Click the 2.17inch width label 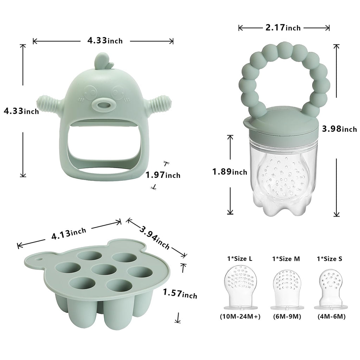(283, 27)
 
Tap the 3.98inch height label (339, 129)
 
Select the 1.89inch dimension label (229, 172)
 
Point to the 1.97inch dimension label (163, 175)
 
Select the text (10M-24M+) (240, 316)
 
